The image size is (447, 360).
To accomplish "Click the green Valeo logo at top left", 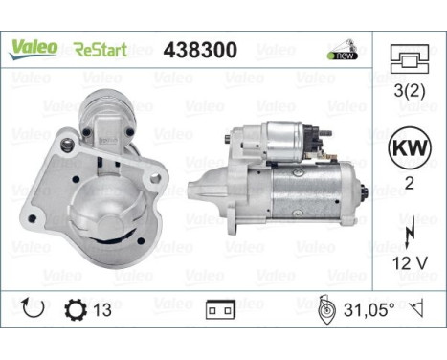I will pos(34,47).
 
